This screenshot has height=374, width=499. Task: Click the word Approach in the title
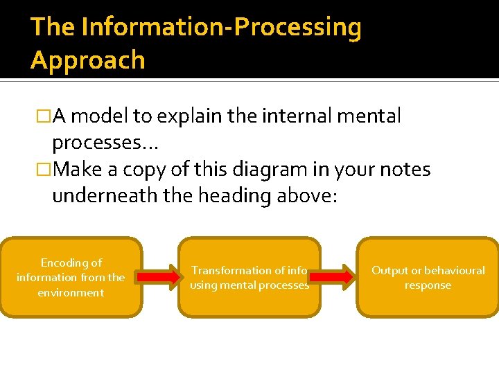point(88,60)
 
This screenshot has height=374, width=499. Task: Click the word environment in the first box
point(71,292)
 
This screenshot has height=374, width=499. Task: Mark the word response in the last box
point(428,285)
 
